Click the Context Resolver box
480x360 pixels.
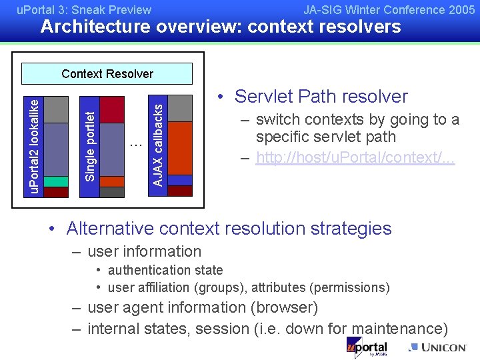(107, 74)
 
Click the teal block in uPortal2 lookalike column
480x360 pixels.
(56, 181)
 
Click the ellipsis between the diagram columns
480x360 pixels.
(135, 143)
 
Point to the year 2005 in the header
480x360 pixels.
(463, 10)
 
